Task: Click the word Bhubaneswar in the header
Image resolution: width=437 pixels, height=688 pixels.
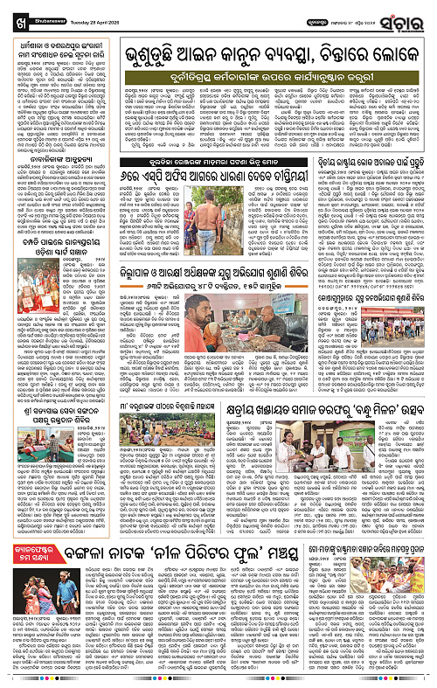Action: click(60, 22)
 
